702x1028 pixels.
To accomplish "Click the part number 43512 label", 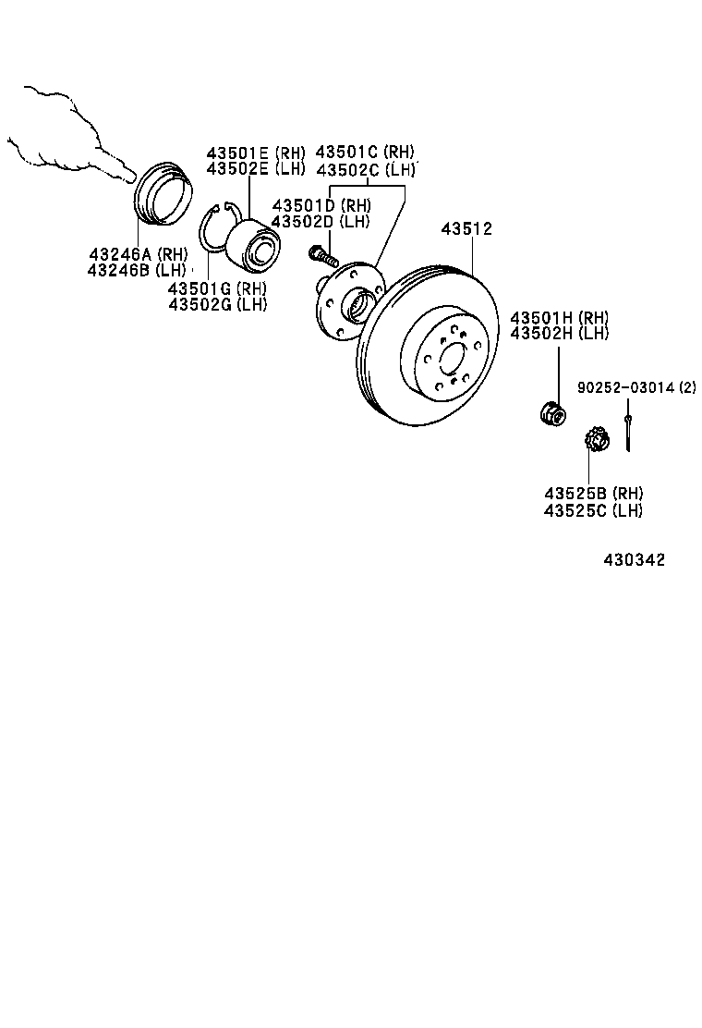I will click(x=466, y=229).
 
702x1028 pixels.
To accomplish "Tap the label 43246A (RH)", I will click(x=138, y=254).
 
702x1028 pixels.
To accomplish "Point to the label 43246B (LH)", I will click(x=137, y=270).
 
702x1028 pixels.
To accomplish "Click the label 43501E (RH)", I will click(x=255, y=153).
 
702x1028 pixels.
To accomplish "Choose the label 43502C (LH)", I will click(x=366, y=169).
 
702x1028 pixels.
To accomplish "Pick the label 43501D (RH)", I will click(x=321, y=205).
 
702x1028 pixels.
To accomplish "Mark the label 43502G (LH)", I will click(x=217, y=304).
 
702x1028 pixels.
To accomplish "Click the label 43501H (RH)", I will click(x=560, y=317).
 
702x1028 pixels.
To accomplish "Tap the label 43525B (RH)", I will click(x=593, y=493).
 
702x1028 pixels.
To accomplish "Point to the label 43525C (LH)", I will click(x=593, y=509).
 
